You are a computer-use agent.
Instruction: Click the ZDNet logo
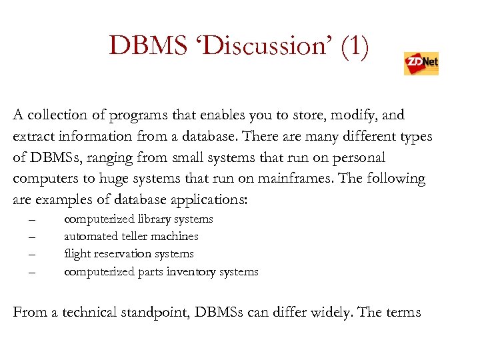click(421, 63)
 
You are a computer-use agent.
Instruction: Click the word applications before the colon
click(211, 201)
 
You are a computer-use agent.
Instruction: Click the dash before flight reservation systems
click(31, 254)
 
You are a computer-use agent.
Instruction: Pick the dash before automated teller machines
click(31, 237)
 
